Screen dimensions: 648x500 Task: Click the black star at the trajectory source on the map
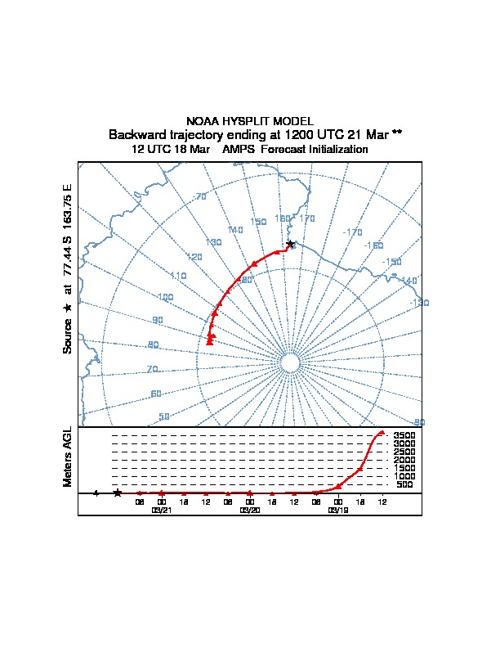(x=290, y=244)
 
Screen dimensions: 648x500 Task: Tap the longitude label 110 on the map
(x=179, y=276)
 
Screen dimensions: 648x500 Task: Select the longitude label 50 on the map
(x=164, y=416)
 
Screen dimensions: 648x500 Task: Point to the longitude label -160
(x=374, y=245)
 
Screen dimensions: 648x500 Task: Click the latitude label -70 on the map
(x=199, y=196)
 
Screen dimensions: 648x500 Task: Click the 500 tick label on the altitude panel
(x=404, y=484)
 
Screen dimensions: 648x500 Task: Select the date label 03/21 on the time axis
(x=162, y=510)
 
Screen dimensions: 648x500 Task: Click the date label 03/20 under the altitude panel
(x=249, y=510)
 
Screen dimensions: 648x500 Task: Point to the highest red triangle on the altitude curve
(x=382, y=433)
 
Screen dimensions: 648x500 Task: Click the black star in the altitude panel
(x=118, y=493)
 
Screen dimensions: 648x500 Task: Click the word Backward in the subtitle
(x=136, y=134)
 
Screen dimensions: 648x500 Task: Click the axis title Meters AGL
(x=68, y=457)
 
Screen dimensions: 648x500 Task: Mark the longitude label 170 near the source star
(x=307, y=218)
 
